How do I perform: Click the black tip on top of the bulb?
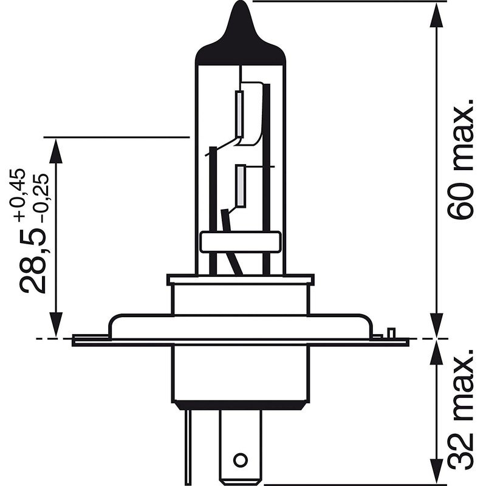point(241,27)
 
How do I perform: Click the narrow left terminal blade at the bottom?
point(192,440)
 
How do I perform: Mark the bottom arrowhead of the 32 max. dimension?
point(436,471)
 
